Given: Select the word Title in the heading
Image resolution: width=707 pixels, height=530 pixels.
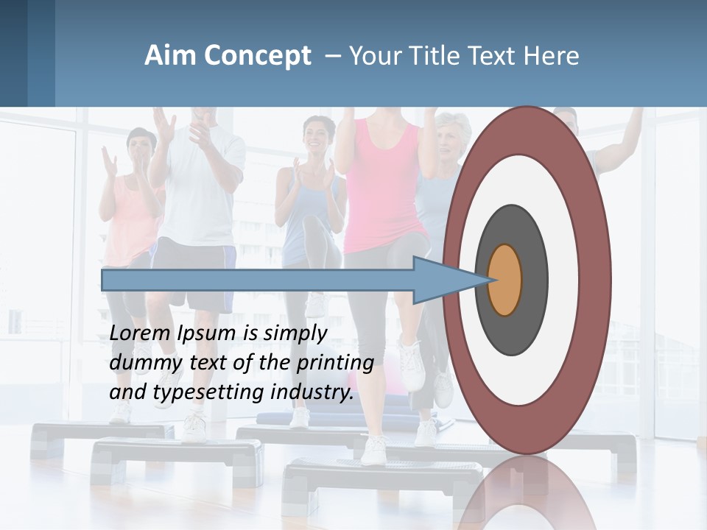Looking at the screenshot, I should point(446,55).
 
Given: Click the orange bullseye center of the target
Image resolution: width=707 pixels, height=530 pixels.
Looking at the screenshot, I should point(505,280).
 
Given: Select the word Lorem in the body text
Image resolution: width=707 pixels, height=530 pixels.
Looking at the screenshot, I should point(141,333).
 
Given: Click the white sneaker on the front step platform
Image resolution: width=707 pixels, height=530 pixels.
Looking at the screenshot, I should point(375,449).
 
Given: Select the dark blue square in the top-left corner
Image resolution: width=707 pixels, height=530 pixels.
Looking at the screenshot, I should point(13,53).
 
